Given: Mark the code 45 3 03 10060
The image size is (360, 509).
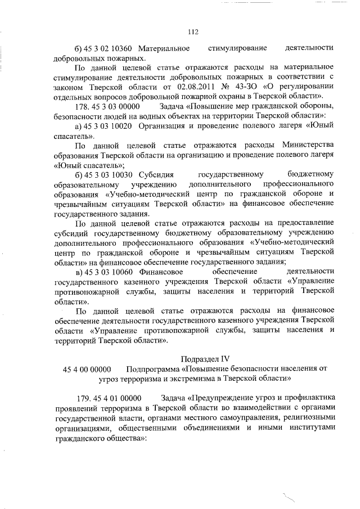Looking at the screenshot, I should pyautogui.click(x=110, y=273).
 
